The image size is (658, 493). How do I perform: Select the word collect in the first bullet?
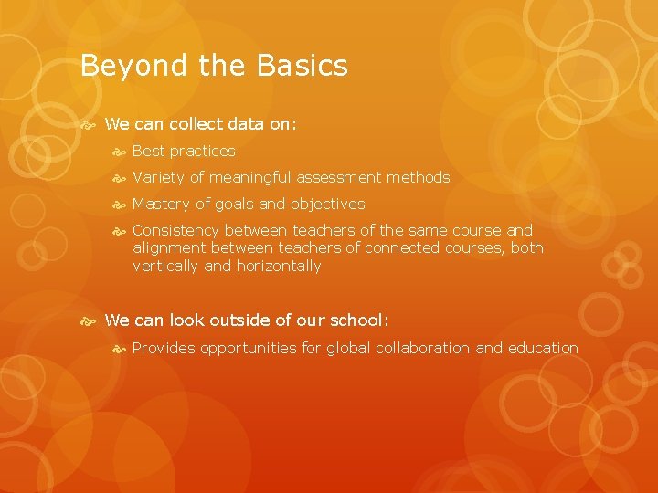[197, 123]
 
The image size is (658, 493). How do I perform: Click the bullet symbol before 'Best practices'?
[119, 151]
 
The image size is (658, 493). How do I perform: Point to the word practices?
[202, 151]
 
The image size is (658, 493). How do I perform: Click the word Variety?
[158, 177]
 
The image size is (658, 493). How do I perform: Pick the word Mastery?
[161, 204]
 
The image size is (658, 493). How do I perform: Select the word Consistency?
[175, 230]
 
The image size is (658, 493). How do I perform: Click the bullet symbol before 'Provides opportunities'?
[119, 348]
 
